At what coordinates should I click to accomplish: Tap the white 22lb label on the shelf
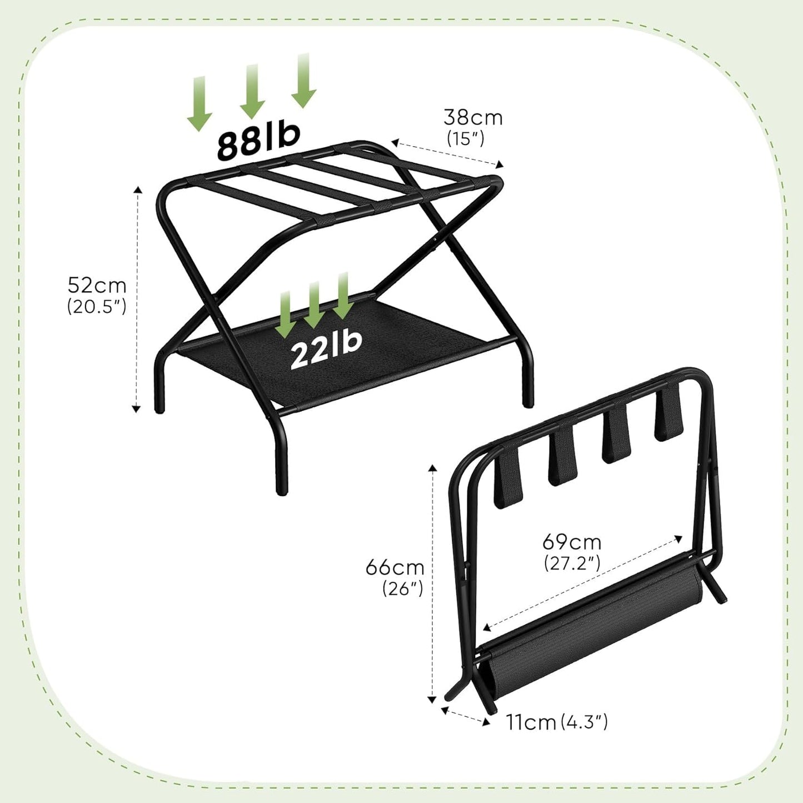tap(326, 348)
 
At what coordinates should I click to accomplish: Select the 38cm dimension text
tap(473, 117)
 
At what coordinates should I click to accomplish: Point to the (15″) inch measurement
tap(466, 138)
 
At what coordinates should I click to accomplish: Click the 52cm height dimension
tap(97, 285)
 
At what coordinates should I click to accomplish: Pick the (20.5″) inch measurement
tap(97, 306)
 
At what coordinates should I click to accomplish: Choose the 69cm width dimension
tap(572, 541)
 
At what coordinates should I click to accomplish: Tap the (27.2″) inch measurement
tap(572, 563)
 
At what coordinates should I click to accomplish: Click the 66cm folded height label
tap(395, 567)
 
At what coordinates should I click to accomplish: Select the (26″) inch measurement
tap(403, 588)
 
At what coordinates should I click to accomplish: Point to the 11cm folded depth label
tap(531, 722)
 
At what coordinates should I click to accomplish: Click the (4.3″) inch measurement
tap(584, 722)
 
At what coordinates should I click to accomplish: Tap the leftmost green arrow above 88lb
tap(199, 103)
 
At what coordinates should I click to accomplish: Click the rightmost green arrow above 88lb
tap(303, 81)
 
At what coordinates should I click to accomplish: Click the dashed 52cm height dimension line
tap(137, 300)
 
